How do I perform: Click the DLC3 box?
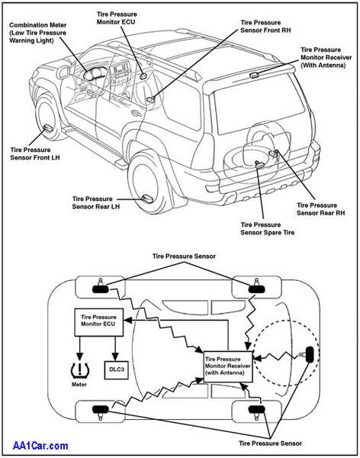(x=116, y=369)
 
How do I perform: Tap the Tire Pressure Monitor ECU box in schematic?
(x=98, y=322)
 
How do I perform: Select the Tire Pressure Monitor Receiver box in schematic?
(x=228, y=366)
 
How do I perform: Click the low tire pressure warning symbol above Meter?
(x=79, y=369)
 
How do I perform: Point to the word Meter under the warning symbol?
(x=79, y=385)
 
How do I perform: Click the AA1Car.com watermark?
(x=40, y=446)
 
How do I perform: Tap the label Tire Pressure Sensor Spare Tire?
(x=267, y=229)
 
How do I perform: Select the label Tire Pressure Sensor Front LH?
(x=35, y=153)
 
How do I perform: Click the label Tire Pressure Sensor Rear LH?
(x=96, y=203)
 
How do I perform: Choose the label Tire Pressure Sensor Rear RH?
(x=320, y=209)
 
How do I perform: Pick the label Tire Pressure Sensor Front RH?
(x=265, y=26)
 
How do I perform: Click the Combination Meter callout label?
(x=37, y=33)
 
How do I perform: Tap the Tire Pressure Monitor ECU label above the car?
(x=117, y=18)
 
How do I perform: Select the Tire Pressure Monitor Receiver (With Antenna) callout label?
(x=326, y=57)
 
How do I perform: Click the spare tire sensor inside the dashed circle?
(x=308, y=355)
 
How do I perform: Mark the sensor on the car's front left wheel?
(x=47, y=127)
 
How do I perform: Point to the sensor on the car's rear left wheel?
(x=147, y=198)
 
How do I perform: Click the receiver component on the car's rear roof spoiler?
(x=254, y=75)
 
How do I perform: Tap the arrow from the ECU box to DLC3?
(x=115, y=349)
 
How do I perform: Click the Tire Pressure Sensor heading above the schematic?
(x=184, y=256)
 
